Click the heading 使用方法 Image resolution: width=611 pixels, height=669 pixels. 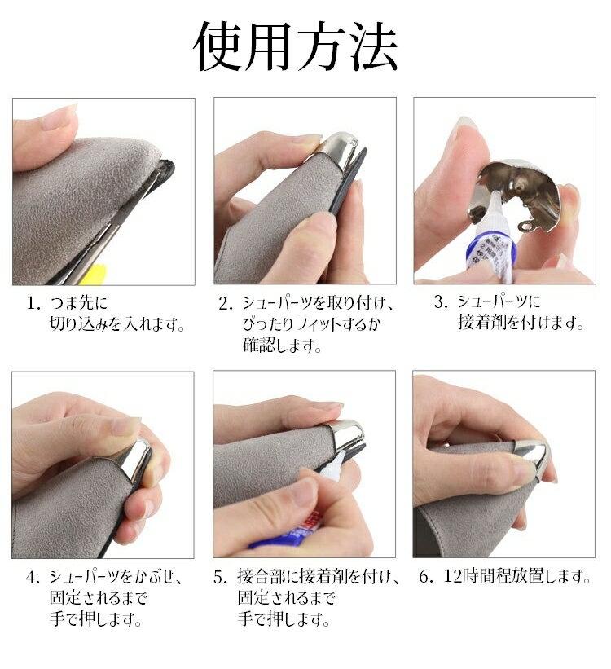(x=296, y=46)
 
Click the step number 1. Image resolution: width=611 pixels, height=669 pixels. (x=33, y=303)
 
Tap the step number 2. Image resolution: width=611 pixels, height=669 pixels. (x=226, y=303)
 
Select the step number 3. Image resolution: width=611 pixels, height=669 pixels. (x=442, y=301)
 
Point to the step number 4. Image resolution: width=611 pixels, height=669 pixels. (x=33, y=577)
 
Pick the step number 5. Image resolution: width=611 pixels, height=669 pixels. (x=221, y=577)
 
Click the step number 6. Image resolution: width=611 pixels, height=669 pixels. (x=426, y=576)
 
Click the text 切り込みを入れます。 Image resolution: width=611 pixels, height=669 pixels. (x=118, y=324)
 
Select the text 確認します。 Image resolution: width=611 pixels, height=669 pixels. (x=283, y=346)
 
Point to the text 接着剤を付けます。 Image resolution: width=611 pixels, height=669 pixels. (x=521, y=323)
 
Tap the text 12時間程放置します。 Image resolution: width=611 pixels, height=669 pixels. (x=517, y=576)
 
